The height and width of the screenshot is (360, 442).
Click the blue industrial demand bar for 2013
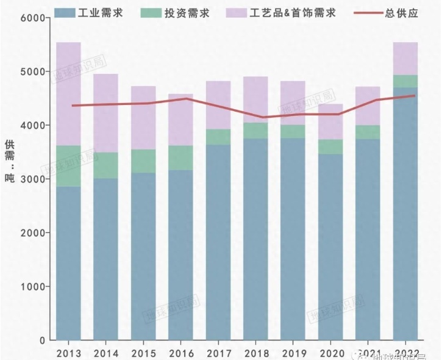[68, 262]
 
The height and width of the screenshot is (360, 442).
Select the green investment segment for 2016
[180, 157]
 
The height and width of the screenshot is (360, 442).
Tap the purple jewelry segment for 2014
[105, 113]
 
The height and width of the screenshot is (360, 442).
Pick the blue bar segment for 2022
[405, 214]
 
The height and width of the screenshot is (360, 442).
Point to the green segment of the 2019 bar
[293, 132]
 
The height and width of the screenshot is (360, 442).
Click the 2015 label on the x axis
[143, 353]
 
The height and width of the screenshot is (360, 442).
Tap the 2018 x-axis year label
[255, 353]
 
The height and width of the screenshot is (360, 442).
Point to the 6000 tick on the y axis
[35, 18]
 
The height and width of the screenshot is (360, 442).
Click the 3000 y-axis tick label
[35, 179]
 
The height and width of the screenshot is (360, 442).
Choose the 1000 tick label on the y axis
[35, 287]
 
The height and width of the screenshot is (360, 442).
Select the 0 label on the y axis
[43, 340]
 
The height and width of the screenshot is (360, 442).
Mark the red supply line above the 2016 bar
[180, 99]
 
